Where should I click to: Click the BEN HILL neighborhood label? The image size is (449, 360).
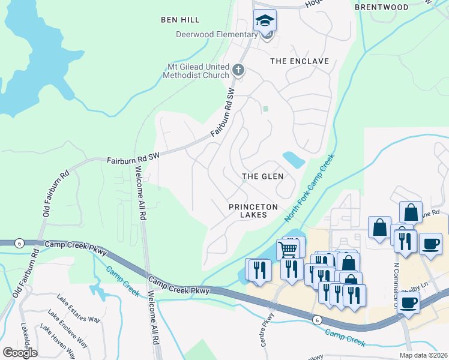(176, 20)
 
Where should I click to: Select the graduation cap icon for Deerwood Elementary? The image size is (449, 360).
(265, 21)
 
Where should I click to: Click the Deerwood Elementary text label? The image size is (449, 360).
(216, 34)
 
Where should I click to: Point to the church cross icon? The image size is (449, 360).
(238, 71)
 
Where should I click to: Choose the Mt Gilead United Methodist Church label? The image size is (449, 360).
(196, 71)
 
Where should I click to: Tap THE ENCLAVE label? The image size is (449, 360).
(300, 61)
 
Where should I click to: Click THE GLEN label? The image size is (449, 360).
(262, 176)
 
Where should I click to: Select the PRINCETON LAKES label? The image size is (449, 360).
(253, 211)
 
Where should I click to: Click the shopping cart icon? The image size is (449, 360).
(289, 248)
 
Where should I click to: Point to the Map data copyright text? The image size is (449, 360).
(424, 355)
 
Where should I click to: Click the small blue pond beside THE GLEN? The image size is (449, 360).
(294, 159)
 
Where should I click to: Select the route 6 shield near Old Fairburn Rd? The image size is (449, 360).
(20, 242)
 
